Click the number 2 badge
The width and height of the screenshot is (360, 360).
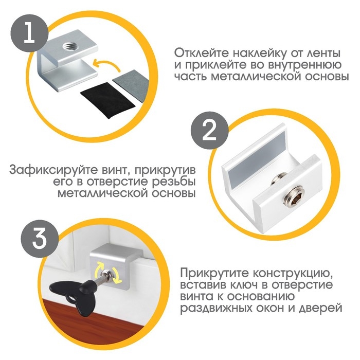click(209, 132)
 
